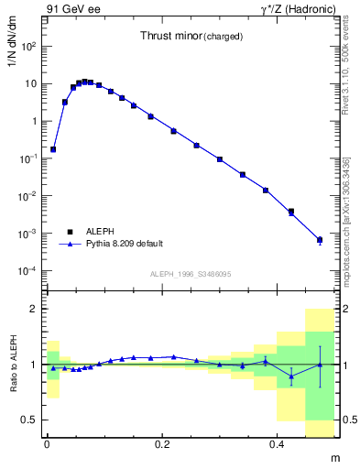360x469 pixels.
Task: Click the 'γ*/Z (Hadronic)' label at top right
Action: pos(299,9)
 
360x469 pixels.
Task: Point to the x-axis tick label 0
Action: pos(47,443)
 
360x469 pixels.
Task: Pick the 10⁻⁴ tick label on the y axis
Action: pos(28,271)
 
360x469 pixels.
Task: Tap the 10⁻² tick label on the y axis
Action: pos(28,196)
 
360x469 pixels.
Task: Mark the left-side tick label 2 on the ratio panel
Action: pos(34,309)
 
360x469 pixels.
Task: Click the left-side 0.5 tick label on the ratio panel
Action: pos(30,420)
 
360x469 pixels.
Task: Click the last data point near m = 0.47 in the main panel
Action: pos(320,240)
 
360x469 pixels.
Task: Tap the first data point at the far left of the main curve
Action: pos(53,148)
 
